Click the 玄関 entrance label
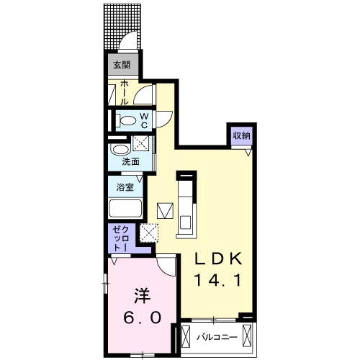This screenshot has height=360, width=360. (122, 65)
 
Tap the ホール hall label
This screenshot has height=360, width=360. (124, 93)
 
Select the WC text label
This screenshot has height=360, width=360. (144, 121)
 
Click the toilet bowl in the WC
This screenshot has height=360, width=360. (126, 120)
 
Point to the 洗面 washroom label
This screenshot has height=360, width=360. (130, 162)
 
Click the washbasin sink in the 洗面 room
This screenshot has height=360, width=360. (120, 150)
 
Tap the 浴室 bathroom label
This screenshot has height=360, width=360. (125, 187)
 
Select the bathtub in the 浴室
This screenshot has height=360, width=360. (125, 208)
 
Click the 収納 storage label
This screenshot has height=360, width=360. (242, 136)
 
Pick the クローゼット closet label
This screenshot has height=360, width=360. (121, 238)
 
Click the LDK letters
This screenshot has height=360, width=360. (217, 258)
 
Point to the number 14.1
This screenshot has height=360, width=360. (217, 280)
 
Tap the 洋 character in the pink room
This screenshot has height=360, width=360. (142, 296)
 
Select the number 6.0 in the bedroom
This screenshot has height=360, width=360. (142, 318)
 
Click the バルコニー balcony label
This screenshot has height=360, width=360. (217, 337)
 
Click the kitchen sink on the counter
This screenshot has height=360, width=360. (186, 222)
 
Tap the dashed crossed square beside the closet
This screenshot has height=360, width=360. (149, 233)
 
